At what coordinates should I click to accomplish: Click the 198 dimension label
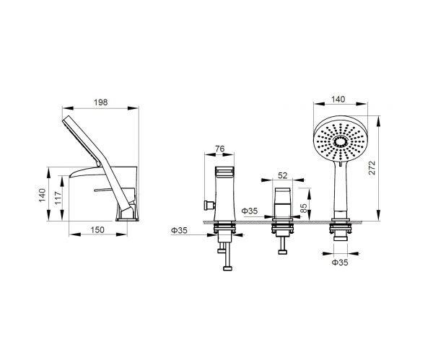(x=100, y=102)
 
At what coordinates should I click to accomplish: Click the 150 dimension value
(x=97, y=229)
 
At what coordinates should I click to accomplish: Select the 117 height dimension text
(x=58, y=198)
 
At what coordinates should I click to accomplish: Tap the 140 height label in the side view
(x=42, y=195)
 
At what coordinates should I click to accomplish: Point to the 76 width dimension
(x=220, y=149)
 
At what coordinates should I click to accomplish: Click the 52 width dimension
(x=282, y=175)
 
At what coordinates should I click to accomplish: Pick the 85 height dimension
(x=303, y=208)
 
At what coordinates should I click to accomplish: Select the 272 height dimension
(x=372, y=167)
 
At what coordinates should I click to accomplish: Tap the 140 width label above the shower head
(x=338, y=99)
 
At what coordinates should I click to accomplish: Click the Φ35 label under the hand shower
(x=340, y=263)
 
